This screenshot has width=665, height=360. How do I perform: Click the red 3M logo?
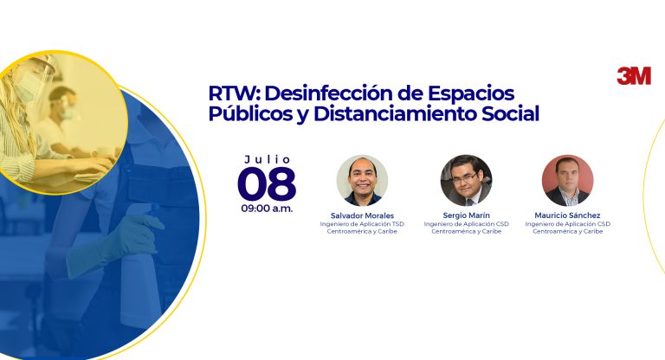(x=634, y=76)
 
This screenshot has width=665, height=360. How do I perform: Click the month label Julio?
(x=268, y=159)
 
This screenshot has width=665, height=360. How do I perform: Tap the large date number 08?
(x=267, y=183)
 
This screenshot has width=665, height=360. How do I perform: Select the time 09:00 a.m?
(x=267, y=209)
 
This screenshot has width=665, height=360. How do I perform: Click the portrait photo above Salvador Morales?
(x=362, y=180)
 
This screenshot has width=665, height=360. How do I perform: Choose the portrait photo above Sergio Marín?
(x=466, y=180)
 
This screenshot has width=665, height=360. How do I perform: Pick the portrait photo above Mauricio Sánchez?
(x=567, y=180)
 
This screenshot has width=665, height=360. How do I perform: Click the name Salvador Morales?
(x=362, y=215)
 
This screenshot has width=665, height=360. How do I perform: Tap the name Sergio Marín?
(x=466, y=215)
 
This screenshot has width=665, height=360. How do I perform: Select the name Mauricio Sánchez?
(x=567, y=215)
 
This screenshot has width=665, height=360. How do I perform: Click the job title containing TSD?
(x=362, y=224)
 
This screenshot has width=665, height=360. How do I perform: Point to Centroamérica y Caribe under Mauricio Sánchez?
(x=567, y=232)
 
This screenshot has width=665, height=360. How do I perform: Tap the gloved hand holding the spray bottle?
(x=111, y=241)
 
